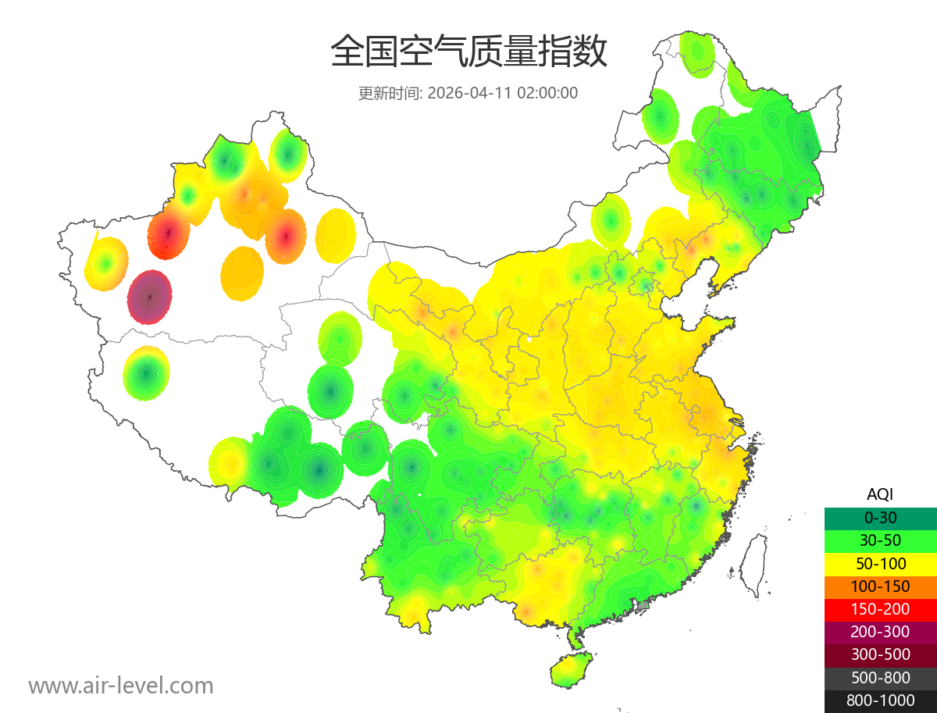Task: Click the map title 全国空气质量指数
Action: click(468, 52)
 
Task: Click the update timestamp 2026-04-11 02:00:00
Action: click(503, 93)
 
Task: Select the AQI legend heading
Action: click(880, 494)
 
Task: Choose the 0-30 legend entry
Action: click(880, 517)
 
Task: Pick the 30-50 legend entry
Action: click(880, 540)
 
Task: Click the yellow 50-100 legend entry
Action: click(880, 563)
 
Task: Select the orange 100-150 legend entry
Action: click(880, 586)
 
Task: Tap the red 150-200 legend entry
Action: click(880, 608)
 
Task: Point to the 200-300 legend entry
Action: click(880, 632)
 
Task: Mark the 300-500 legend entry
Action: click(880, 654)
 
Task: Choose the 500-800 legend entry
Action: click(880, 678)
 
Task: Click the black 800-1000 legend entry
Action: click(880, 701)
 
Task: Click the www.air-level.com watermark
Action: click(121, 686)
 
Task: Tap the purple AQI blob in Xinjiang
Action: click(150, 297)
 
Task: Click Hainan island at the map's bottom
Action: click(572, 670)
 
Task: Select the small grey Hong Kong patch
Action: click(643, 605)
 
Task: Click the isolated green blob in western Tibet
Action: click(146, 373)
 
